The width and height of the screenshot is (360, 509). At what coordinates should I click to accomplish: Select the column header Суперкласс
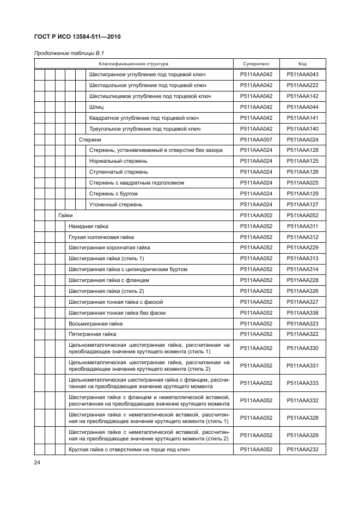pyautogui.click(x=256, y=64)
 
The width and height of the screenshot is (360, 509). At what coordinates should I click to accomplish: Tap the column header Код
pyautogui.click(x=302, y=64)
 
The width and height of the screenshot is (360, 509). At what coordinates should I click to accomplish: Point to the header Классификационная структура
pyautogui.click(x=133, y=64)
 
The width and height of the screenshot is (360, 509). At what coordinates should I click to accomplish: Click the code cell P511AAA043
pyautogui.click(x=302, y=75)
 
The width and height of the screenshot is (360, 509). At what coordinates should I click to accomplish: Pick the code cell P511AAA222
pyautogui.click(x=302, y=85)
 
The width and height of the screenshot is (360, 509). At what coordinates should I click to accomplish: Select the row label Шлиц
pyautogui.click(x=96, y=107)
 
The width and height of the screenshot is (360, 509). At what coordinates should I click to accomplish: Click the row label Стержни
pyautogui.click(x=90, y=139)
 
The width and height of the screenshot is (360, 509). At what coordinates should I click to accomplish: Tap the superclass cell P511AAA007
pyautogui.click(x=256, y=139)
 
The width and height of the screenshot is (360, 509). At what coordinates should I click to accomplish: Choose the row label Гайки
pyautogui.click(x=65, y=215)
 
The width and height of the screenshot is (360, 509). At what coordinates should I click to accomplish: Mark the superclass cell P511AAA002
pyautogui.click(x=256, y=215)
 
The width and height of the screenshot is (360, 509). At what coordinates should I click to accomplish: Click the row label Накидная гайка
pyautogui.click(x=88, y=226)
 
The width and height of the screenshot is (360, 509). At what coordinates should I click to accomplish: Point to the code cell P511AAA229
pyautogui.click(x=302, y=248)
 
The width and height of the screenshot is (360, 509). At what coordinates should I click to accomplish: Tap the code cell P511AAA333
pyautogui.click(x=302, y=383)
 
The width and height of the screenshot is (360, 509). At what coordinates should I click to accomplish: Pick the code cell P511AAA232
pyautogui.click(x=302, y=449)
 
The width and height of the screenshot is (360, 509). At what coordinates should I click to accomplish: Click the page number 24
pyautogui.click(x=37, y=463)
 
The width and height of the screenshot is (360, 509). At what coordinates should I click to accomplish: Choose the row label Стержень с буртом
pyautogui.click(x=113, y=193)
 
